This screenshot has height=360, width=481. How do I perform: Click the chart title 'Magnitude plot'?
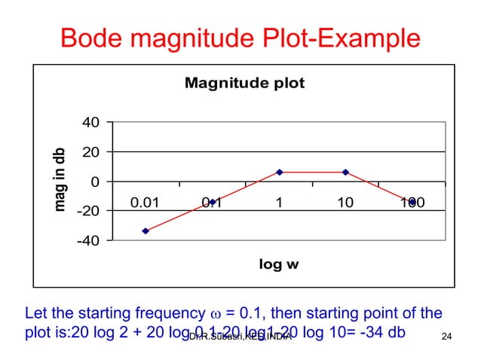244,83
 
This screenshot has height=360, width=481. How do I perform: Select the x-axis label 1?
279,202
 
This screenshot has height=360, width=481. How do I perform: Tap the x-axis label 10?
345,202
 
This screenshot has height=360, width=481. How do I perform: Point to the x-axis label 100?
412,202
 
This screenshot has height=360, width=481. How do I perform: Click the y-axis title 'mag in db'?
63,177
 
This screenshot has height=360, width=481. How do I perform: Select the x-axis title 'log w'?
279,264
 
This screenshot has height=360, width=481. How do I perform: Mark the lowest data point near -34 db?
146,231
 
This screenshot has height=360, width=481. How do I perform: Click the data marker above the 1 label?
279,172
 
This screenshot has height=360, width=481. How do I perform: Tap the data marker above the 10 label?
345,172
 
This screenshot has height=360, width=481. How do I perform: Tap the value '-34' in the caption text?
372,332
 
